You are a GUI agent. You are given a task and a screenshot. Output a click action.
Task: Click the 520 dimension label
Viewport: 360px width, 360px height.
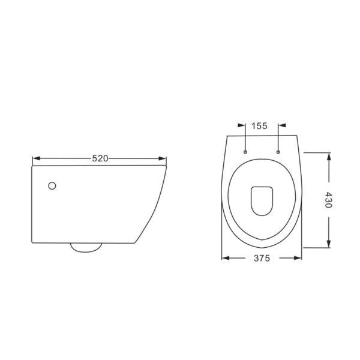point(100,158)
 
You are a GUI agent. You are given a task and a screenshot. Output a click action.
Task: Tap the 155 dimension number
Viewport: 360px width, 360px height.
point(259,126)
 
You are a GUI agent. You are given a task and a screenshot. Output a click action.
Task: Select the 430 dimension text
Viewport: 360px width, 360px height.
point(329,200)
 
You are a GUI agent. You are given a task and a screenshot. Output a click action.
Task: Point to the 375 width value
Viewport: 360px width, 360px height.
point(262,258)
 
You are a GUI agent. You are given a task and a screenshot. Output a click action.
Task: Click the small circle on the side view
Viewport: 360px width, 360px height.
point(52,186)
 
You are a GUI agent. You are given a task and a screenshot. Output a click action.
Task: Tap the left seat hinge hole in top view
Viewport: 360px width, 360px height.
point(245,152)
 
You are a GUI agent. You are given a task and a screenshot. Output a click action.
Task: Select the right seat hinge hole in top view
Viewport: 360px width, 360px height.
point(278,152)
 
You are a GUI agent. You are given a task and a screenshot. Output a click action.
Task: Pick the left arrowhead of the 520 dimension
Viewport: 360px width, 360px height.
point(36,158)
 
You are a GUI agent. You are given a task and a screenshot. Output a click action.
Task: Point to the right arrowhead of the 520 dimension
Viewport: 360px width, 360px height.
point(163,158)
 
